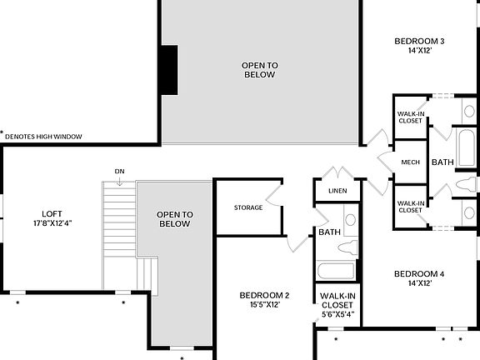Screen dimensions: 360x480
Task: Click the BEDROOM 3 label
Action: click(419, 41)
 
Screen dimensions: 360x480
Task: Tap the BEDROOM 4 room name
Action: click(419, 274)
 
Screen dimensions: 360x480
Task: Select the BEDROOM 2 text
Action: click(264, 295)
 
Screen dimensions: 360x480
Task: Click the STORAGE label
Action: click(248, 207)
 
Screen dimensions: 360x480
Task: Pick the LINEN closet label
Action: click(337, 192)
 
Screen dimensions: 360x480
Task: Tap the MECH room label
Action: click(410, 162)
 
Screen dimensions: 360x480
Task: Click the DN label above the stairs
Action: click(120, 172)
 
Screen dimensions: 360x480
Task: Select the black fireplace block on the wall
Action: click(169, 71)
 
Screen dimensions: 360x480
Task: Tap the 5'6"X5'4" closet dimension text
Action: click(337, 314)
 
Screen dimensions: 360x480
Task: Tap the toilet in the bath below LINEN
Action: click(352, 247)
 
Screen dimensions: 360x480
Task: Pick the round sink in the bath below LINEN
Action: click(351, 220)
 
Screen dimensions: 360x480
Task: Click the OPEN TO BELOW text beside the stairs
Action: click(175, 219)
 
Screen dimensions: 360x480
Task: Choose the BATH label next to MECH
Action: click(442, 162)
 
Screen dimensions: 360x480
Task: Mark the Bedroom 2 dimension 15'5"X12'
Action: click(264, 304)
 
